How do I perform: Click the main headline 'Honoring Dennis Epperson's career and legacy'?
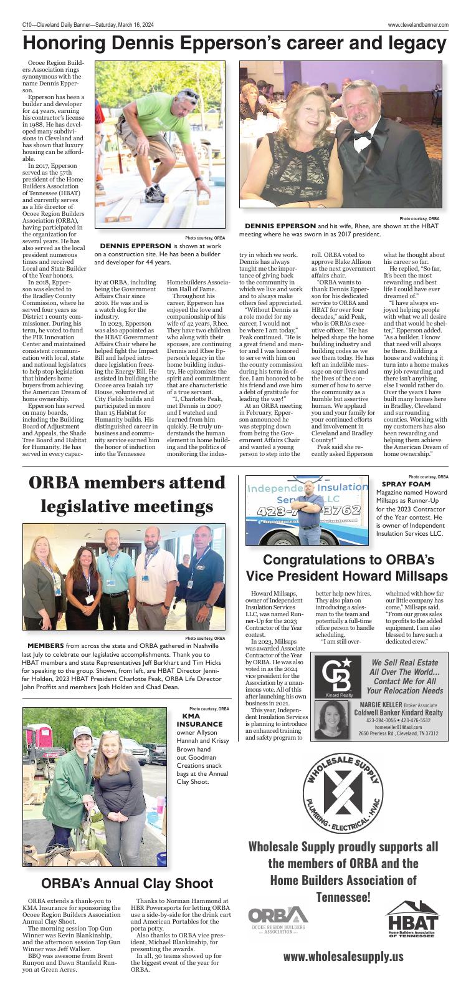coord(235,43)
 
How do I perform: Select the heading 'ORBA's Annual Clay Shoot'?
coord(127,883)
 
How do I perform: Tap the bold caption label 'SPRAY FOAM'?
coord(406,484)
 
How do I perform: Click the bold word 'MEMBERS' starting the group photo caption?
coord(45,645)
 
